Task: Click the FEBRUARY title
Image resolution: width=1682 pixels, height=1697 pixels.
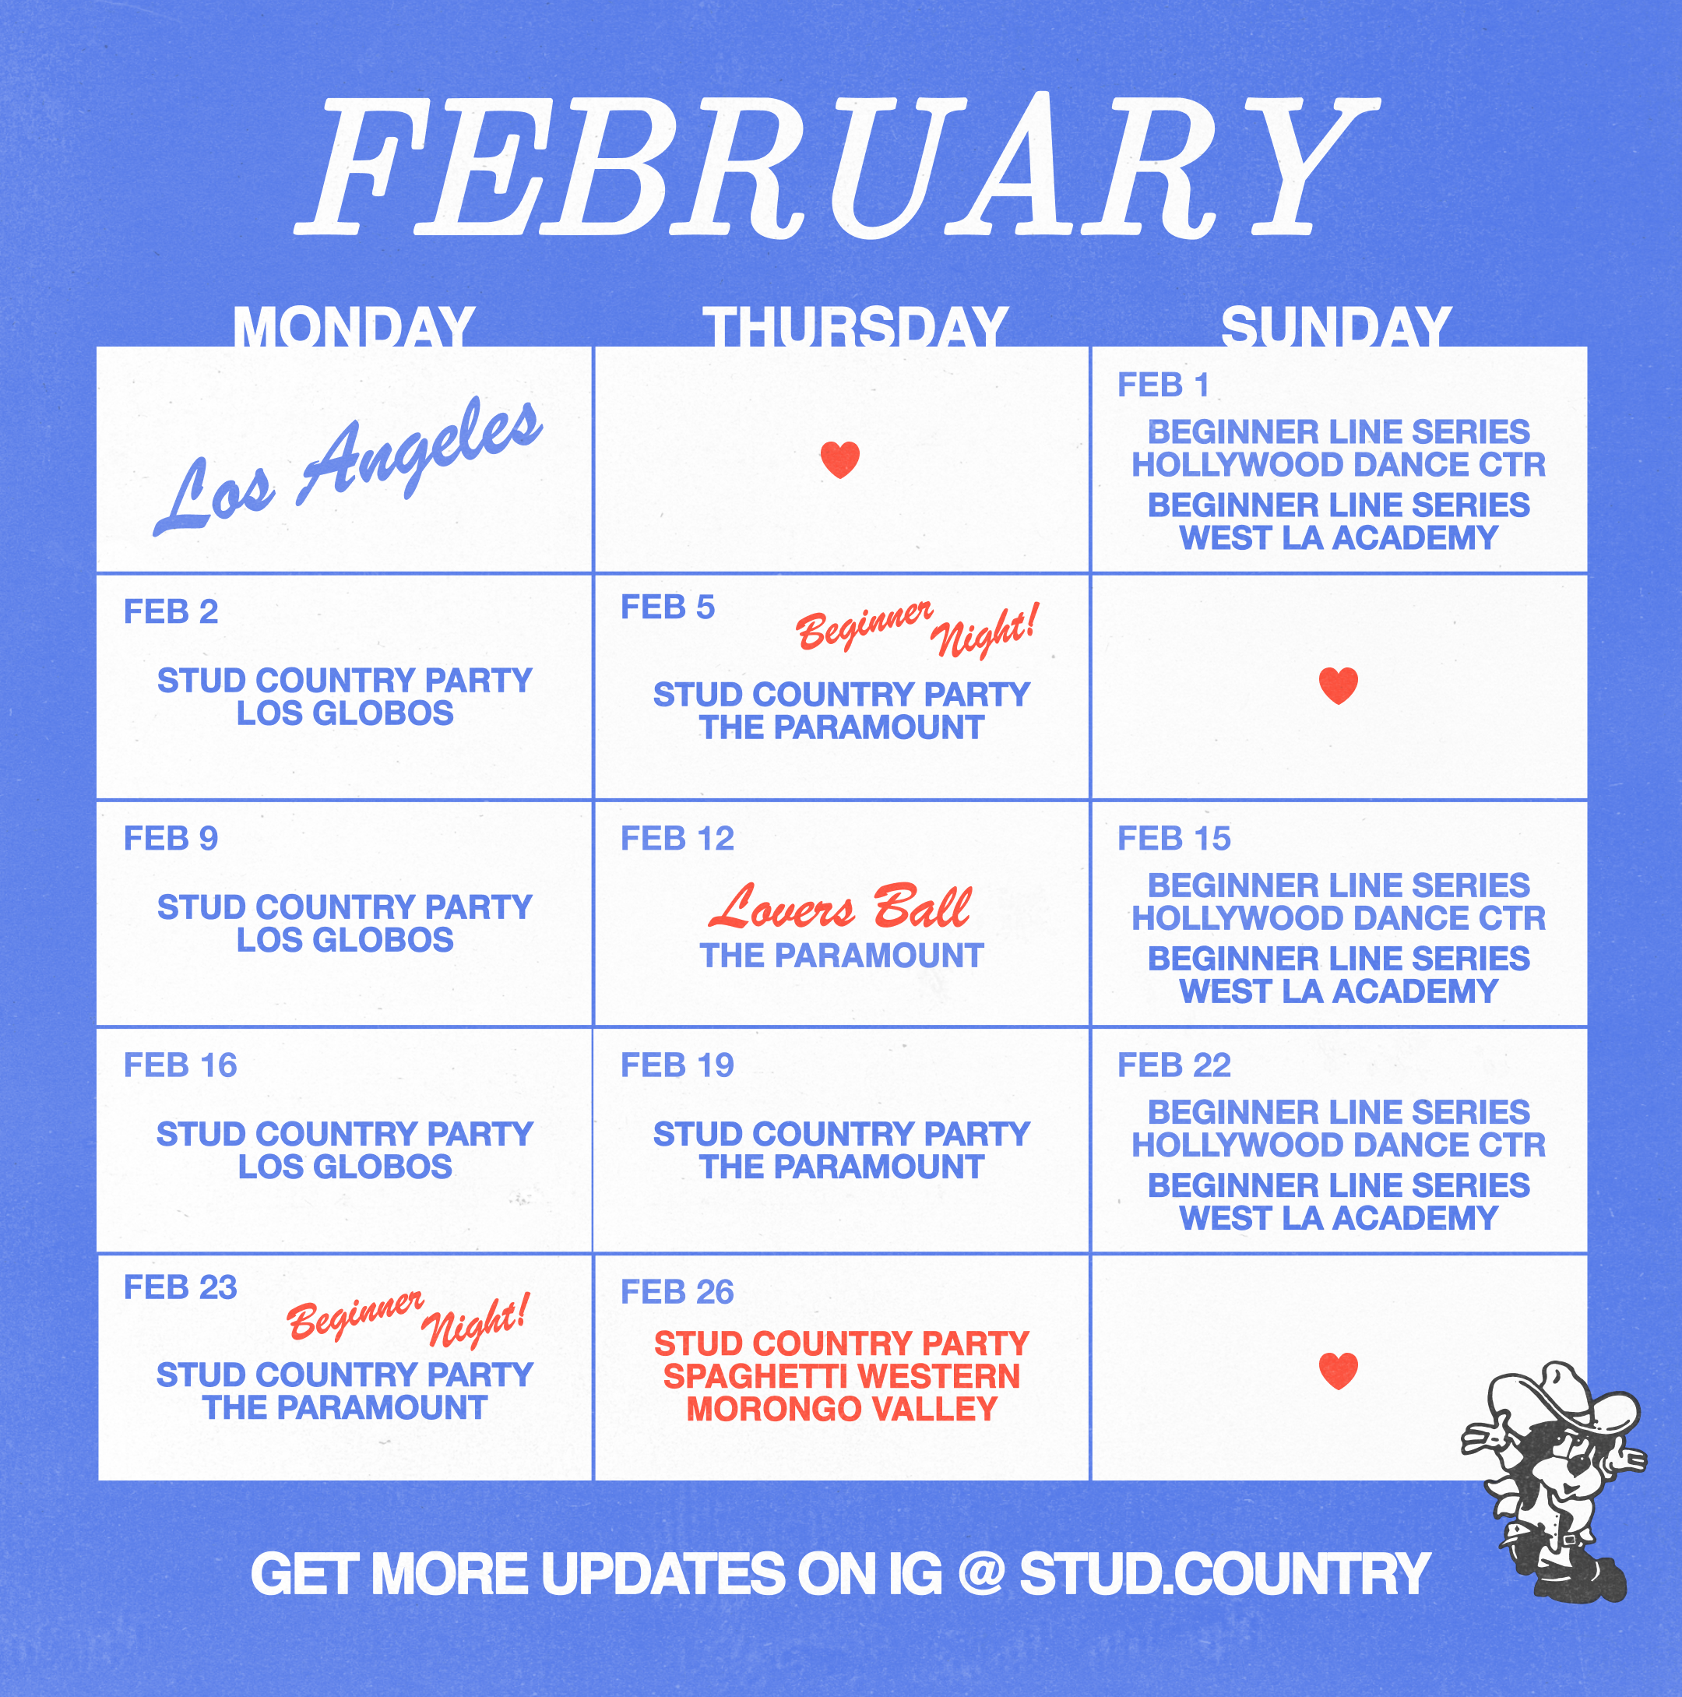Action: click(836, 167)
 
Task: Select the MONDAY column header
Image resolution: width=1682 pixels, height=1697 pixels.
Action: click(354, 327)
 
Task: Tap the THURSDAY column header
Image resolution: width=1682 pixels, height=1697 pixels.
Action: click(854, 327)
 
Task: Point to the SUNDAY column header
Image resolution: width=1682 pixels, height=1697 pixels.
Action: click(1336, 327)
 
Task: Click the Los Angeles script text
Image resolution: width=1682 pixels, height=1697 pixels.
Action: click(348, 466)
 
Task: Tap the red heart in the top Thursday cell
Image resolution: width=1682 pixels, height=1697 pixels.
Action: click(839, 459)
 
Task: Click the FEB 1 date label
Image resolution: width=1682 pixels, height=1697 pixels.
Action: click(1163, 385)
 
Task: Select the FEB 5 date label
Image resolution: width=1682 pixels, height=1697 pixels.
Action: click(667, 607)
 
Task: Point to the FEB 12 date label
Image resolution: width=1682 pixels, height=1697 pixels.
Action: click(677, 838)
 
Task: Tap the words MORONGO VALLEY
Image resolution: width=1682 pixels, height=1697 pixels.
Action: click(842, 1409)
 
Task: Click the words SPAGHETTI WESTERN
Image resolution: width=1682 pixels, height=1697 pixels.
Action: click(842, 1376)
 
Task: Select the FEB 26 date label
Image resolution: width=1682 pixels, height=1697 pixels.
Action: click(677, 1292)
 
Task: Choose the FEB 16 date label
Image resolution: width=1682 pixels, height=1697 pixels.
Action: click(180, 1065)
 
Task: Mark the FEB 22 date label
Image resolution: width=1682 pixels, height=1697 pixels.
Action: click(1174, 1065)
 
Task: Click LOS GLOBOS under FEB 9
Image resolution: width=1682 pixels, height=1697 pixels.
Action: click(345, 940)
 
